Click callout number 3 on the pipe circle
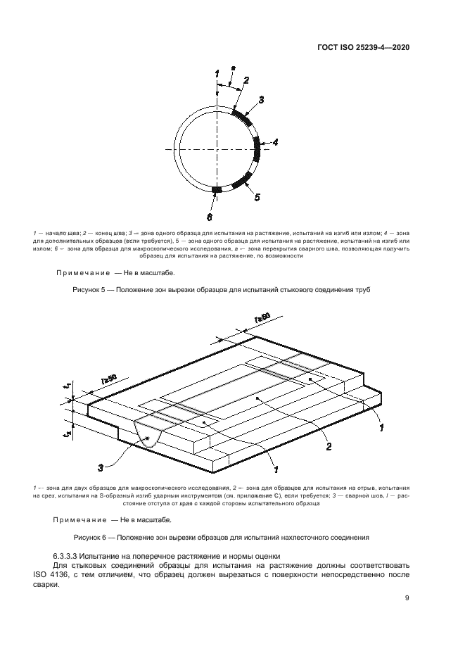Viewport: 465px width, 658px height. pyautogui.click(x=261, y=100)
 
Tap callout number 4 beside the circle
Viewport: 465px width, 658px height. pyautogui.click(x=276, y=142)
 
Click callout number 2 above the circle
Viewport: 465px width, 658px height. pyautogui.click(x=246, y=80)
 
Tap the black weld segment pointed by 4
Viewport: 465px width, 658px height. pyautogui.click(x=257, y=149)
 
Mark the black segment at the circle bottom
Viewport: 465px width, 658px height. pyautogui.click(x=217, y=189)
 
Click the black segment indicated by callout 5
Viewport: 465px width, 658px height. pyautogui.click(x=241, y=179)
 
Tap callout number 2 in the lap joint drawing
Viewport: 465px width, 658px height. pyautogui.click(x=328, y=445)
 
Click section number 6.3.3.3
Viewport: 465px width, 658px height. pyautogui.click(x=68, y=556)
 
